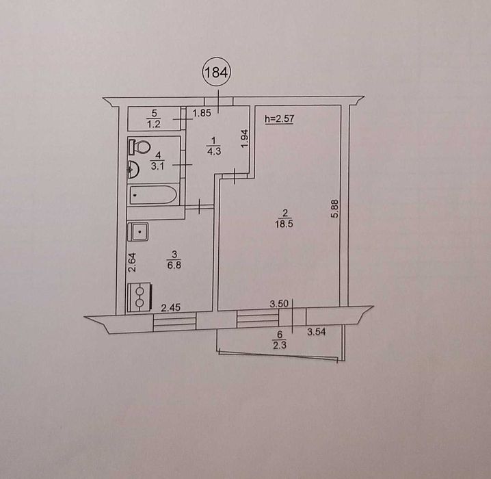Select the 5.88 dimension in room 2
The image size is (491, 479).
click(334, 208)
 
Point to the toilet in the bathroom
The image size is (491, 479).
click(140, 146)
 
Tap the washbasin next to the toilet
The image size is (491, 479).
click(134, 168)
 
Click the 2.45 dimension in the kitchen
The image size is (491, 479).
click(170, 309)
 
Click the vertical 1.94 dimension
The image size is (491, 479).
click(244, 137)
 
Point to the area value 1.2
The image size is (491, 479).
click(154, 124)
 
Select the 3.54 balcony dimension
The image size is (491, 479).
click(316, 333)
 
